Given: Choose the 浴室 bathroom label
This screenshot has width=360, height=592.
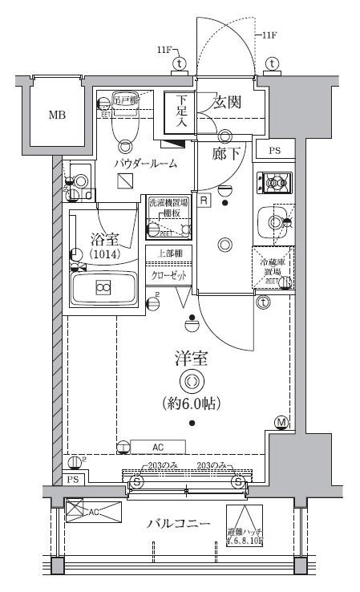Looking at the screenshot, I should click(x=103, y=238).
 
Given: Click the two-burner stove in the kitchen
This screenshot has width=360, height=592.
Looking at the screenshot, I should click(x=273, y=183).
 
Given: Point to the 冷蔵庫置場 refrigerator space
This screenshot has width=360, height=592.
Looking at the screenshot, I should click(x=272, y=269).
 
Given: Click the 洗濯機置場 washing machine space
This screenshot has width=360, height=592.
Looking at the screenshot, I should click(x=169, y=217).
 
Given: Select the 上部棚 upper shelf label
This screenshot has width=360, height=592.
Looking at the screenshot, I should click(x=168, y=253).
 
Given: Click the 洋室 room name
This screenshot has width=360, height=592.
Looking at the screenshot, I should click(x=192, y=359).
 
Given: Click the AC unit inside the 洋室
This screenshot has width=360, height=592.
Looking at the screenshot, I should click(x=158, y=448).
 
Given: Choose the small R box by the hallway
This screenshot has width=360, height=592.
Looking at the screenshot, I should click(x=205, y=200).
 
